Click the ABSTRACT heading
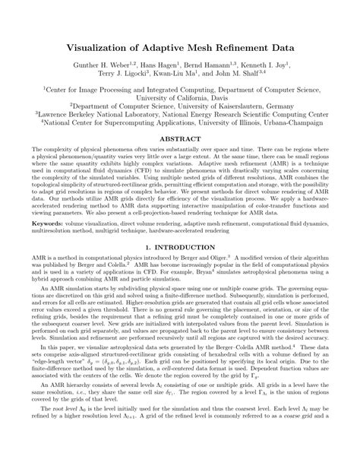pyautogui.click(x=179, y=140)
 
